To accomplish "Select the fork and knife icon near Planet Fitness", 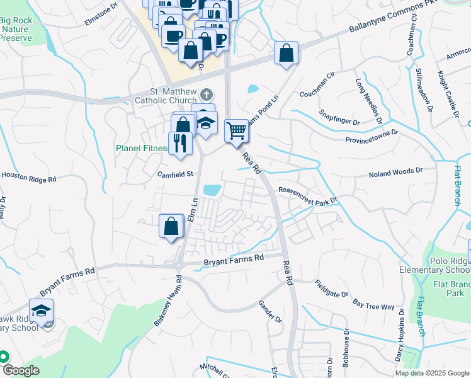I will [x=180, y=144].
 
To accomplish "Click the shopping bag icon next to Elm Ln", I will [x=171, y=226].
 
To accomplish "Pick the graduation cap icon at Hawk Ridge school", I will [x=42, y=311].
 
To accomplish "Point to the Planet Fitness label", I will [x=141, y=149].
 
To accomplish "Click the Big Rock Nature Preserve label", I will [x=16, y=29].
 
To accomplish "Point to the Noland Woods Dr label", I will [x=396, y=171].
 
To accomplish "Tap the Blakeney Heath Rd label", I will [x=167, y=301].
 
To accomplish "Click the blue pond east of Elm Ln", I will [x=212, y=189].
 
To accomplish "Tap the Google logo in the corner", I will [x=21, y=370].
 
